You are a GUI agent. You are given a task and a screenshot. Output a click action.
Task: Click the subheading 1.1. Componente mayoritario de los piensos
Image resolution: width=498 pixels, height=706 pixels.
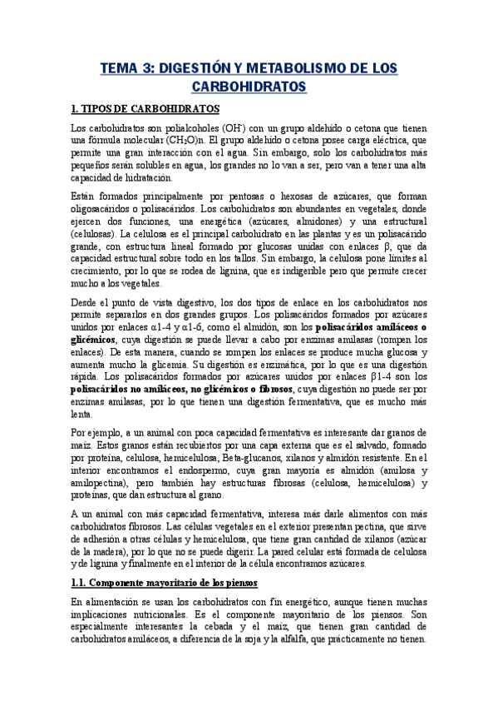coord(165,581)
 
